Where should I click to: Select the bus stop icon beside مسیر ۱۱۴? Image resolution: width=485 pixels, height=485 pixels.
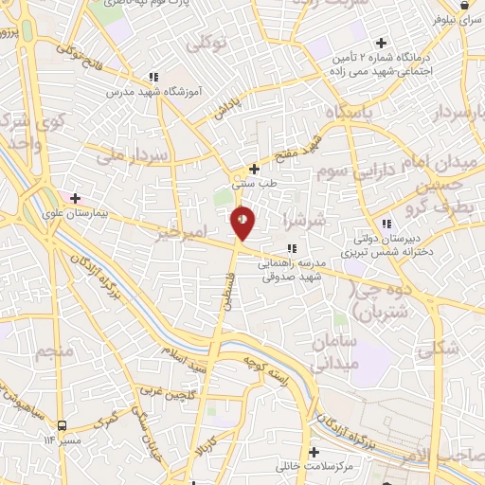click(x=63, y=425)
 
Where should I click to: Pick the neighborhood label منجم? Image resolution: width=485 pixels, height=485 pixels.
click(x=54, y=352)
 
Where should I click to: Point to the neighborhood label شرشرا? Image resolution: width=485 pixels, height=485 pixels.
click(x=311, y=220)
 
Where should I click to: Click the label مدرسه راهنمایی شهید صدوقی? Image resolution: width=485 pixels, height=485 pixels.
click(x=292, y=269)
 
